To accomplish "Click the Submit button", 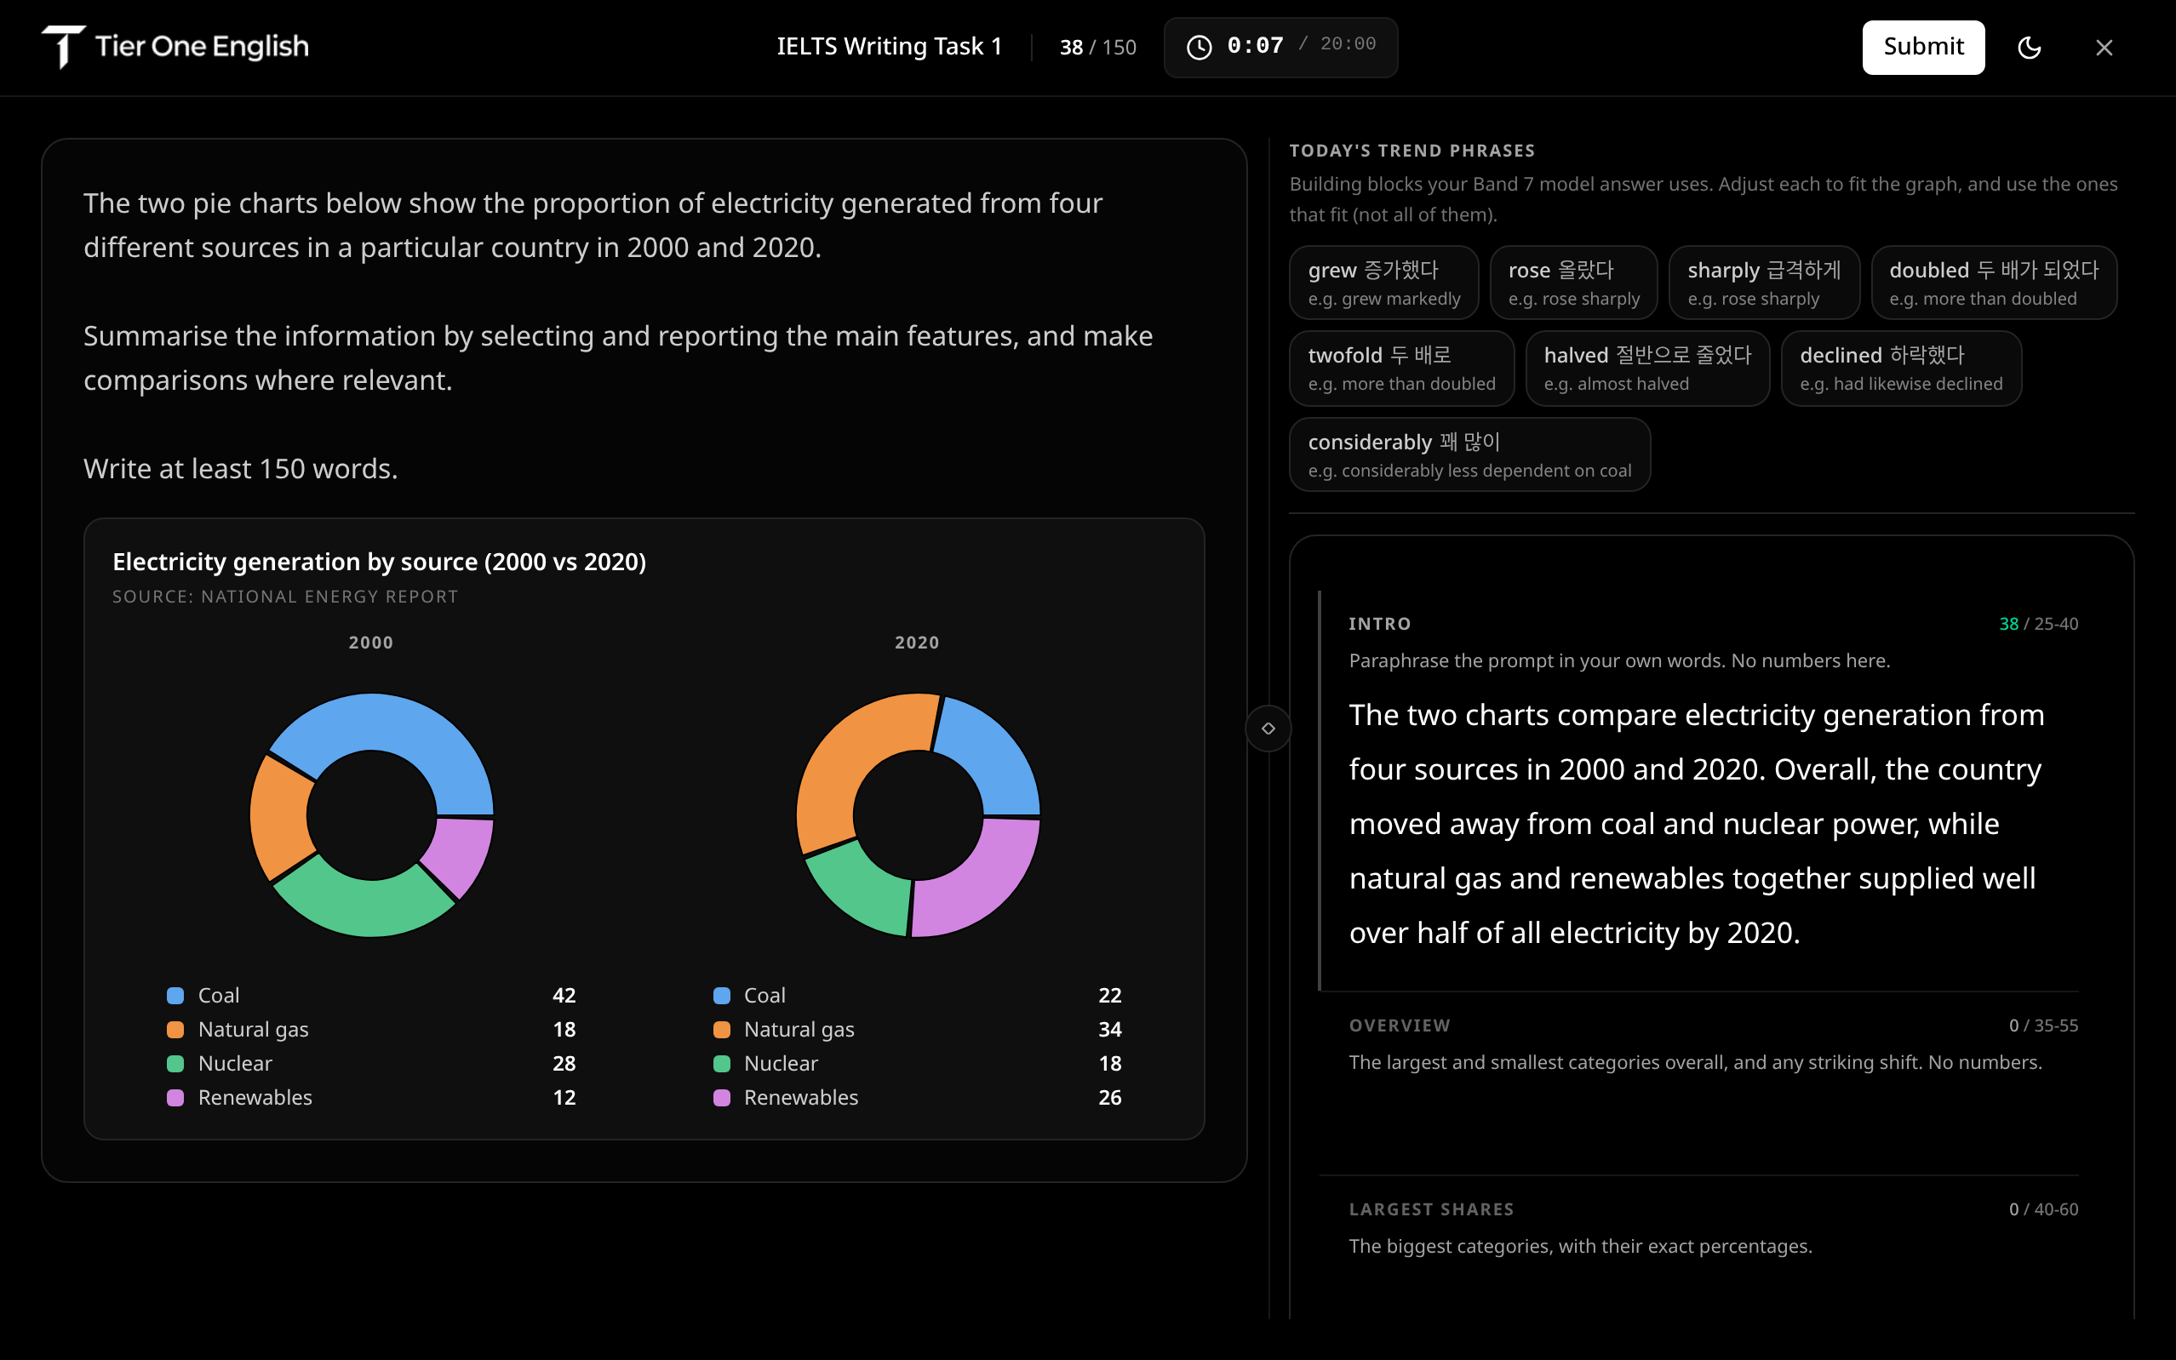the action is (x=1922, y=47).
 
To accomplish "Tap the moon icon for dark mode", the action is (x=2029, y=48).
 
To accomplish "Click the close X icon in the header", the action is (x=2103, y=48).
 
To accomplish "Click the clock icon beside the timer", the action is (x=1199, y=47).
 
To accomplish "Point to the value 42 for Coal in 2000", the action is (x=564, y=995).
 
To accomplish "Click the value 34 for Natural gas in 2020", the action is (x=1110, y=1029).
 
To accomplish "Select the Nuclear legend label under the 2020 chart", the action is (x=781, y=1063).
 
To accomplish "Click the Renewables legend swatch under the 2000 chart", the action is (x=175, y=1097).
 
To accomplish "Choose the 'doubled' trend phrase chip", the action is (x=1994, y=283).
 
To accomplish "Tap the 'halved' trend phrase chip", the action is (x=1647, y=368).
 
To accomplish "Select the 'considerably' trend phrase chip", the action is (x=1469, y=454).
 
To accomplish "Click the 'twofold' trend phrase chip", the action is (x=1401, y=368).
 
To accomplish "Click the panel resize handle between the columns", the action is (x=1268, y=728).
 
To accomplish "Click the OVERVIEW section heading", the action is (x=1400, y=1026).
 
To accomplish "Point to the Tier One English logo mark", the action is (x=63, y=47).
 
